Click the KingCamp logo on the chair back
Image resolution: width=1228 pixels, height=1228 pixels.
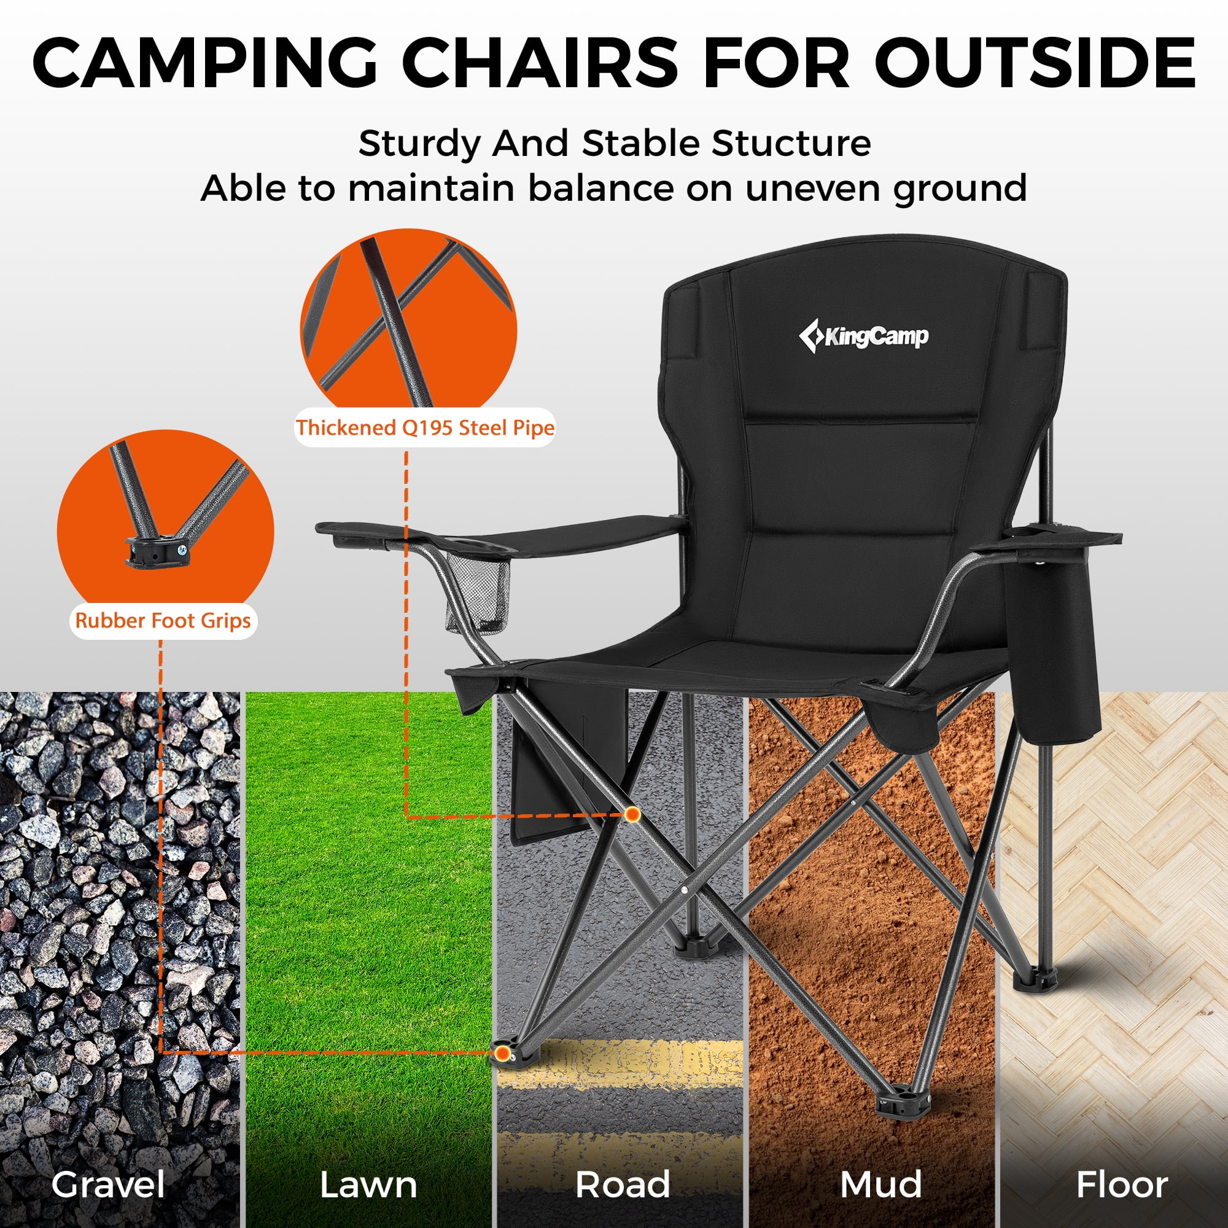click(864, 336)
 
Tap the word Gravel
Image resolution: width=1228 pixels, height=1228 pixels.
click(109, 1185)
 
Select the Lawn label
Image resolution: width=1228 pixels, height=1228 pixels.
click(368, 1185)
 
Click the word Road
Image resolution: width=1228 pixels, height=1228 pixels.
click(622, 1185)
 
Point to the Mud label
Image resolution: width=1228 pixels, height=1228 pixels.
click(880, 1185)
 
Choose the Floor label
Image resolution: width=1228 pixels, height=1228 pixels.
click(1122, 1185)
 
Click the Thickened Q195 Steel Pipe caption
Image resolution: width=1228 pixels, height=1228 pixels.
click(425, 428)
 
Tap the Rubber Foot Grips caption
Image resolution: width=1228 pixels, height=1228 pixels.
click(163, 620)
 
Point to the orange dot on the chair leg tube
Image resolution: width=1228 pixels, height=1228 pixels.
click(632, 814)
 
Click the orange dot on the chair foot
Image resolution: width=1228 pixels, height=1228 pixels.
click(503, 1053)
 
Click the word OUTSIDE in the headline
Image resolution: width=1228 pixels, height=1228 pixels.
click(1036, 64)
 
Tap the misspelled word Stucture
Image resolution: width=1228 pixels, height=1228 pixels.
click(791, 144)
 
